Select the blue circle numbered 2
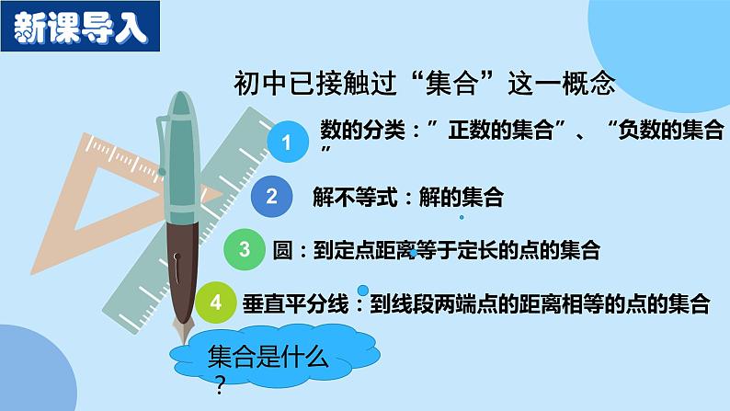pyautogui.click(x=271, y=195)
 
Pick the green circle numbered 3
pyautogui.click(x=245, y=248)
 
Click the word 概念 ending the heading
pyautogui.click(x=590, y=85)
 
